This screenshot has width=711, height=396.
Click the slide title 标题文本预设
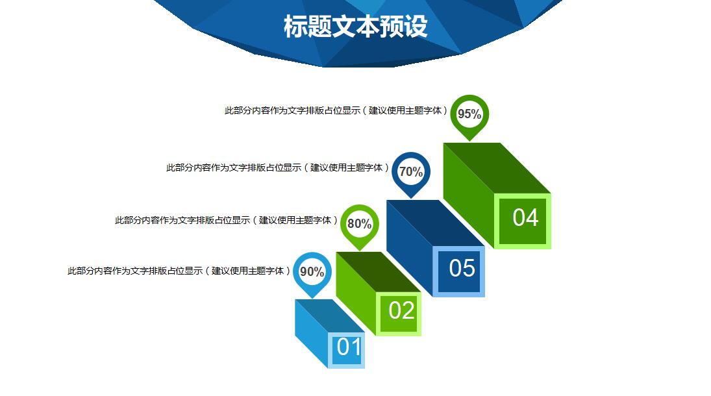click(356, 27)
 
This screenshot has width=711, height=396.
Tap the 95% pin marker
click(469, 116)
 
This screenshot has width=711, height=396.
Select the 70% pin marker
click(411, 173)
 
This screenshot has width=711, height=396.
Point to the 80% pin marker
click(360, 225)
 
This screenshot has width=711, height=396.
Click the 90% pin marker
click(312, 273)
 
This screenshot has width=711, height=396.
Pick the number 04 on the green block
click(525, 217)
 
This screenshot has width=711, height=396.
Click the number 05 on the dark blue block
click(462, 268)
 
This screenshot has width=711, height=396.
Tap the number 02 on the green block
click(401, 311)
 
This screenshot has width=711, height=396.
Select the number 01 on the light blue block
click(349, 347)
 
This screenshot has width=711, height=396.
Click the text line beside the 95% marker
click(336, 110)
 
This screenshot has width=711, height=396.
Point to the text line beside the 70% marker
click(277, 167)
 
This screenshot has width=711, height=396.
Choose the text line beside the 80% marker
click(226, 220)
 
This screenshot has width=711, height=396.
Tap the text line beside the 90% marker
click(179, 271)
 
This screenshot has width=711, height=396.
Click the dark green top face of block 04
click(497, 168)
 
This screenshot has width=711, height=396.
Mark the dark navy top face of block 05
click(435, 223)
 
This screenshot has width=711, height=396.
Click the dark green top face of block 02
click(378, 272)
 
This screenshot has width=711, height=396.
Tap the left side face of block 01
click(311, 334)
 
